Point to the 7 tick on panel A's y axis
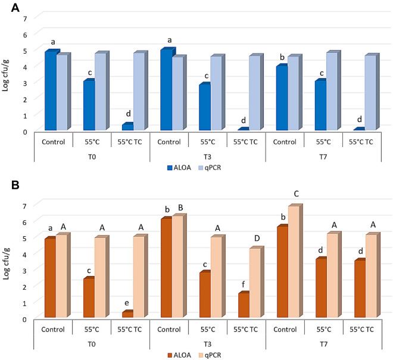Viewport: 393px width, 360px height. coord(25,18)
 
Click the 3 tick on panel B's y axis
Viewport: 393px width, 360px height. coord(25,270)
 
